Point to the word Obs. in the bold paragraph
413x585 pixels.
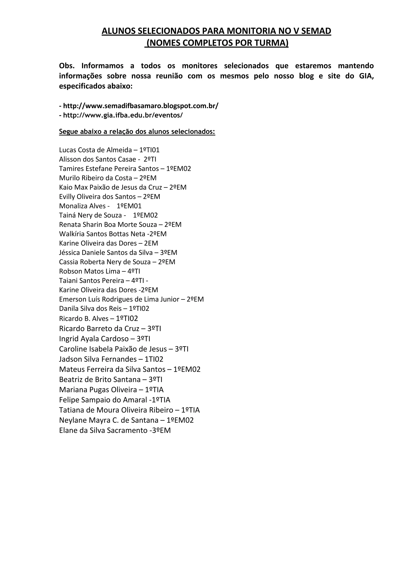click(x=67, y=66)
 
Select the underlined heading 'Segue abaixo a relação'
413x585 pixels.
click(x=137, y=132)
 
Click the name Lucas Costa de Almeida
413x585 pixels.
click(x=95, y=150)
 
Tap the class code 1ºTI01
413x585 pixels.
click(x=149, y=150)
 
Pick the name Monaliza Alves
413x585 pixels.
click(x=82, y=206)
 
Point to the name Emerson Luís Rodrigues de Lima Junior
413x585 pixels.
click(x=119, y=299)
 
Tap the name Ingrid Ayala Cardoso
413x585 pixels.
click(x=94, y=339)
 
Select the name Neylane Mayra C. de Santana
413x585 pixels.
click(x=109, y=420)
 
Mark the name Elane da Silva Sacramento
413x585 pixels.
click(x=103, y=431)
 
